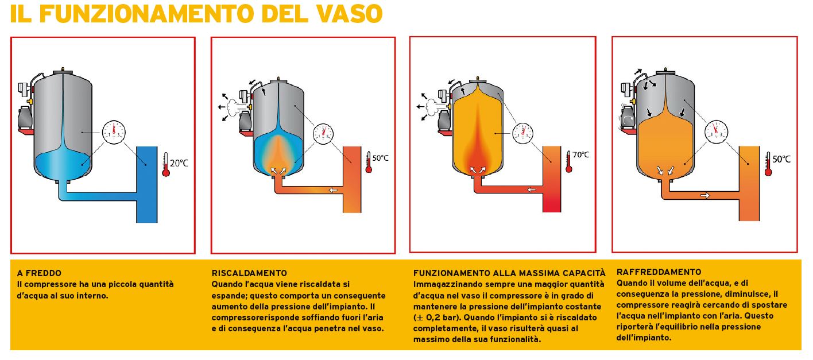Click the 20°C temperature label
coord(179,163)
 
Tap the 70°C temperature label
coord(580,155)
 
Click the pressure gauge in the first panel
coord(114,133)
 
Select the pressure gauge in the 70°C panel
coord(522,133)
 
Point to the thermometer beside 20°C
coord(166,165)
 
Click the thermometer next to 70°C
coord(569,162)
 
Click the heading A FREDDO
coord(39,273)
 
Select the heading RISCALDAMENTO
coord(249,273)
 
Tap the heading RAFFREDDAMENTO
coord(659,272)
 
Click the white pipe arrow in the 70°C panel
coord(531,189)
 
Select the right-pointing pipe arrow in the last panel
coord(705,196)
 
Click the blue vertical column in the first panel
coord(147,184)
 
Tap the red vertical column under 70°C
coord(552,179)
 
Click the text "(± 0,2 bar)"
coord(437,318)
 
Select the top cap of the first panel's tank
coord(63,72)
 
